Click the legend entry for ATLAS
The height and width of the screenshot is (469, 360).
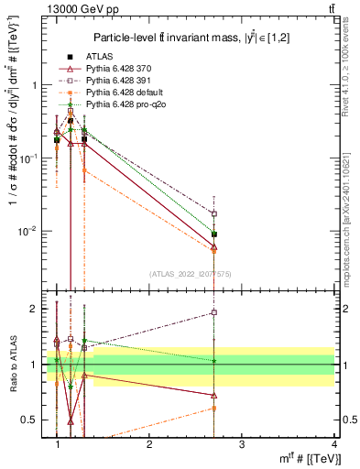point(99,57)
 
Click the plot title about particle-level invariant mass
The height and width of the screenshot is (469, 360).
point(196,37)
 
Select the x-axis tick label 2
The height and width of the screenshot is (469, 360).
point(149,443)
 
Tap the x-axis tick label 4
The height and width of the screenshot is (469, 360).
point(333,443)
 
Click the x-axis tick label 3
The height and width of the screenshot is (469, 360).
point(241,443)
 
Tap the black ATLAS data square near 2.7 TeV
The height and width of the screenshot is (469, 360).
point(214,234)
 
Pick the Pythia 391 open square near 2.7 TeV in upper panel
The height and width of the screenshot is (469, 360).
point(214,213)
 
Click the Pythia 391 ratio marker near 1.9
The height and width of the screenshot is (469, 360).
point(214,312)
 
